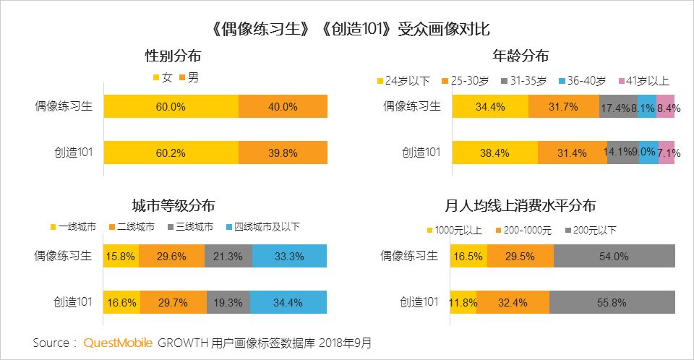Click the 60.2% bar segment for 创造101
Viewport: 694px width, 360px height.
click(x=171, y=153)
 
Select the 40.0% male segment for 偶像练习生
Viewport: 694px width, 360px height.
click(x=283, y=106)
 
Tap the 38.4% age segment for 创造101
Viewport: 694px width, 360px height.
click(x=494, y=153)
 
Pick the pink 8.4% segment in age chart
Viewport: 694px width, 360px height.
click(x=666, y=106)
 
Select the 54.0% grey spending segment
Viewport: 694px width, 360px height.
click(x=614, y=256)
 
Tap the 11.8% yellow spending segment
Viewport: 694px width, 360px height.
click(x=463, y=302)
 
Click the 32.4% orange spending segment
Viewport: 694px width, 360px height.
click(x=513, y=302)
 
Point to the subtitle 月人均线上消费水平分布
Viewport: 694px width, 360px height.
click(x=520, y=205)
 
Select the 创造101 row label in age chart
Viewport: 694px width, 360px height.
click(x=420, y=153)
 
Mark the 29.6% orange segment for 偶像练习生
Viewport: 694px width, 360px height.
click(x=172, y=256)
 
